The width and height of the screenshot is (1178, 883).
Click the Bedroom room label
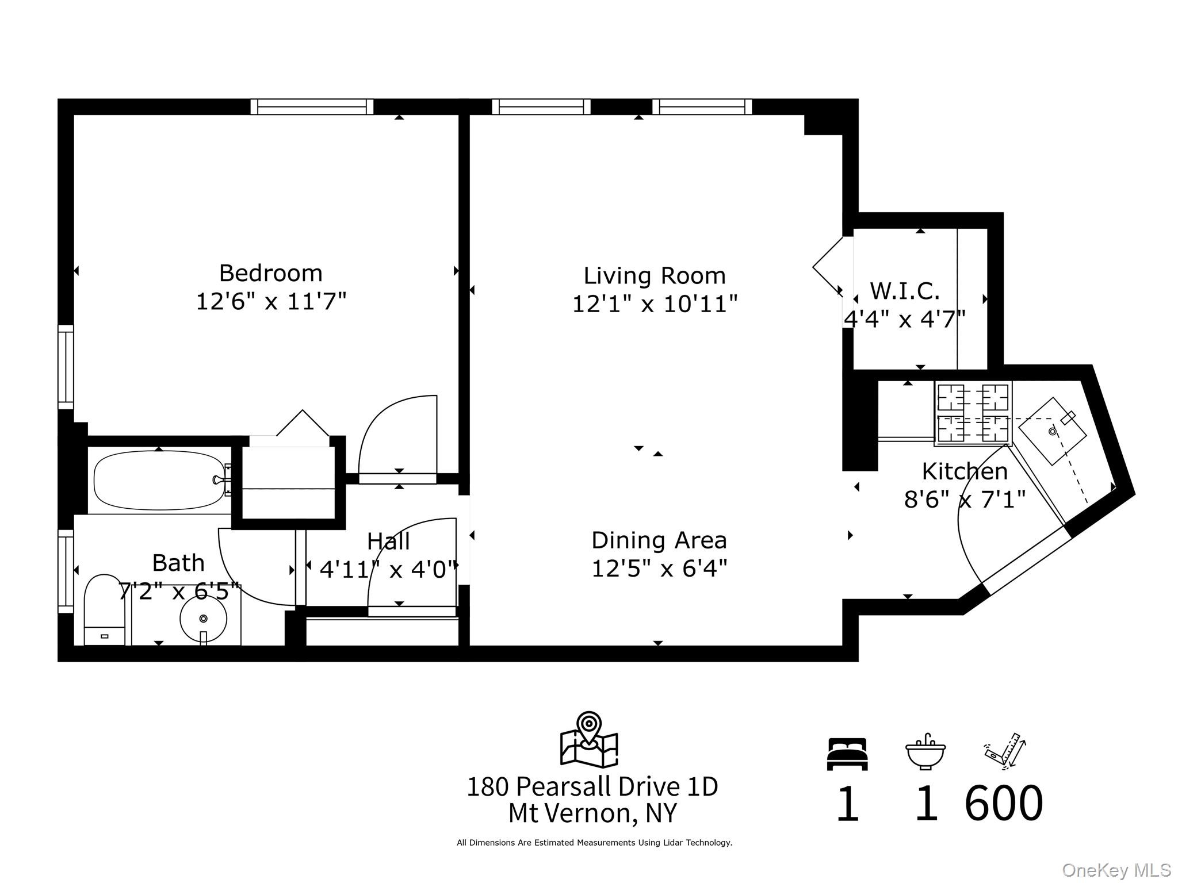click(x=271, y=273)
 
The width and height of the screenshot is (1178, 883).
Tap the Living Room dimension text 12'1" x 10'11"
click(x=655, y=304)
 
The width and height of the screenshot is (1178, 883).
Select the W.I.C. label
click(x=905, y=291)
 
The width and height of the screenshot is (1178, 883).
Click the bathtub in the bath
click(x=159, y=480)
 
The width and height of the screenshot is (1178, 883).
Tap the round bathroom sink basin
click(x=203, y=619)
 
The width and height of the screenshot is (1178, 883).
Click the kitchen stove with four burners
click(x=973, y=413)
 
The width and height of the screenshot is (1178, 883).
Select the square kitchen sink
click(x=1053, y=431)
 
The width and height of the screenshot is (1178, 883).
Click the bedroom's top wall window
click(x=312, y=107)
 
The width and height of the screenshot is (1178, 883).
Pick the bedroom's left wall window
click(x=66, y=367)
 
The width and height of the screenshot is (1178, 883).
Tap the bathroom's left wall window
click(x=66, y=571)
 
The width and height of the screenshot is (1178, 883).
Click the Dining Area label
click(x=659, y=540)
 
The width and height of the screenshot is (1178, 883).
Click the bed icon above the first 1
click(x=847, y=754)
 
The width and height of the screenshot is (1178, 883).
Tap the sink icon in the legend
click(x=925, y=751)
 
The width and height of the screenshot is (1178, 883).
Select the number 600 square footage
click(x=1004, y=803)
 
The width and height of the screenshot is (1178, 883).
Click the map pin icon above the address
click(x=589, y=739)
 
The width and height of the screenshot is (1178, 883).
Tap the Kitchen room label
click(x=965, y=471)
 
